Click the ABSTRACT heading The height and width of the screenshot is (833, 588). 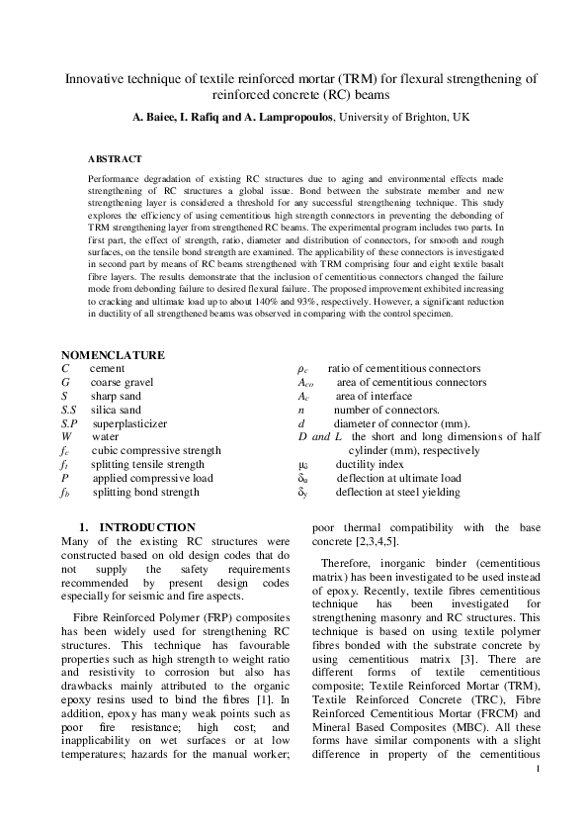tap(115, 158)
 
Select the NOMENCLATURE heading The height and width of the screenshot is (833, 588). tap(114, 354)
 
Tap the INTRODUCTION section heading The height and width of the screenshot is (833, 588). tap(147, 527)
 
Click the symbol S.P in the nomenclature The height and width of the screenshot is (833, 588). tap(69, 421)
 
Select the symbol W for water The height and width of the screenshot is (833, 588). tap(66, 435)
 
